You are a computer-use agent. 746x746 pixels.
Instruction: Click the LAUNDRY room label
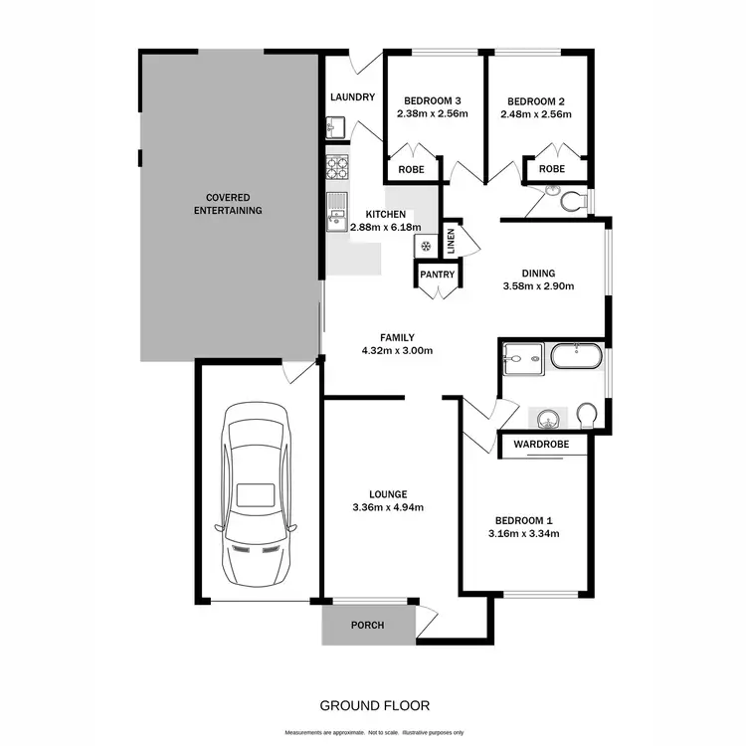(x=352, y=96)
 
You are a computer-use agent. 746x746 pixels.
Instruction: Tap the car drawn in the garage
(x=258, y=494)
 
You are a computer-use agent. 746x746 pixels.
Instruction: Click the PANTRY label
(x=438, y=275)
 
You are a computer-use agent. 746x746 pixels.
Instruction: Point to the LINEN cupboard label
(x=451, y=241)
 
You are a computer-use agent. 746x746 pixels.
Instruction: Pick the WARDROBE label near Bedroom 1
(x=542, y=445)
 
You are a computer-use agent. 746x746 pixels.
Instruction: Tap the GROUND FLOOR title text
(x=374, y=705)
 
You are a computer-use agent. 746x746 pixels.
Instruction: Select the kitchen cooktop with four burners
(x=336, y=167)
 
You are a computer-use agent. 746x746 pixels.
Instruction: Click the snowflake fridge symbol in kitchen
(x=426, y=246)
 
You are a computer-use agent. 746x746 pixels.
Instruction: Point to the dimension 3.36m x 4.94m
(x=388, y=507)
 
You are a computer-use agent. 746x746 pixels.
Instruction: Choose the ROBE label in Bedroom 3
(x=411, y=169)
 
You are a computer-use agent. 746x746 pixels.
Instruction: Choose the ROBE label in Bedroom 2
(x=551, y=169)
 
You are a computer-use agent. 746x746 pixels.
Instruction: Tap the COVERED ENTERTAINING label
(x=228, y=204)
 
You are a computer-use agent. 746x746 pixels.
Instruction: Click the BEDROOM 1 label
(x=524, y=520)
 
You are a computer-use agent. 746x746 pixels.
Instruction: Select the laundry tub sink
(x=334, y=127)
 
